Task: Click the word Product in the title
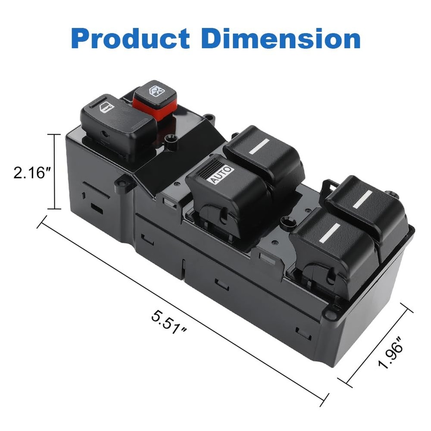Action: [131, 38]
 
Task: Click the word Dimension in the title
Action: [281, 38]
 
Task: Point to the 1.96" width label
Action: [391, 354]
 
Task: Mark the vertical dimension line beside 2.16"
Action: [54, 172]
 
